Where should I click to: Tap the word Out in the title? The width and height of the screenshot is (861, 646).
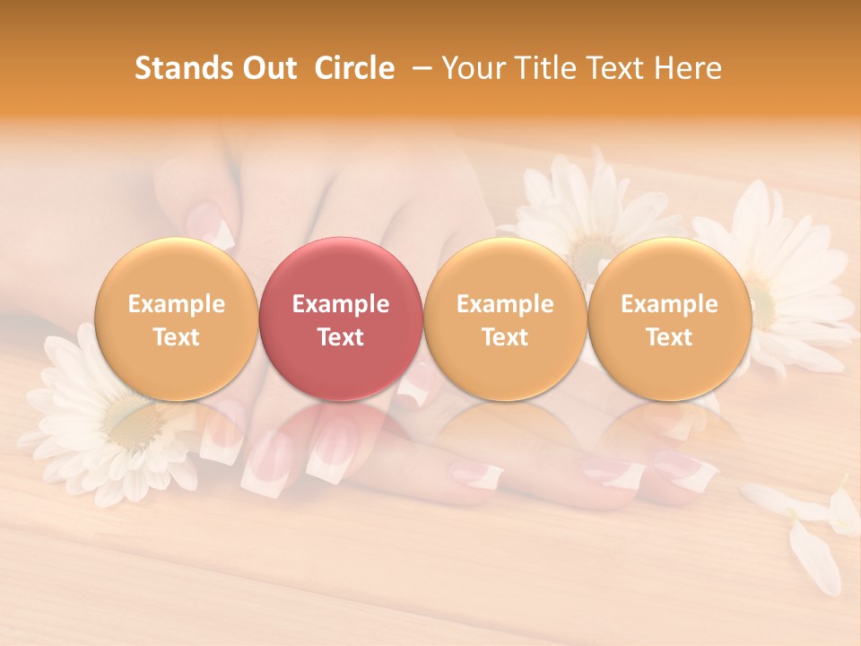coord(268,68)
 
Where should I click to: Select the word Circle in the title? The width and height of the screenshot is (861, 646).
coord(354,68)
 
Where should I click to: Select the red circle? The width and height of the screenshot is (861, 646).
coord(341,319)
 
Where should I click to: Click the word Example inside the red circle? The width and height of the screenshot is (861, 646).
coord(341,304)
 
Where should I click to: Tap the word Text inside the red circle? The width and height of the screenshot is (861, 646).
coord(341,337)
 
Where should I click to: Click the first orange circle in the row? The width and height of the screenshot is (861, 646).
coord(177,319)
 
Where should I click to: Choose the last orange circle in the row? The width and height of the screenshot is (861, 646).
coord(670,319)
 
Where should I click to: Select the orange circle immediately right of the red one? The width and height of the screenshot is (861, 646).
coord(505,319)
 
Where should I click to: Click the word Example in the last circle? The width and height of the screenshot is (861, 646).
coord(670,304)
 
